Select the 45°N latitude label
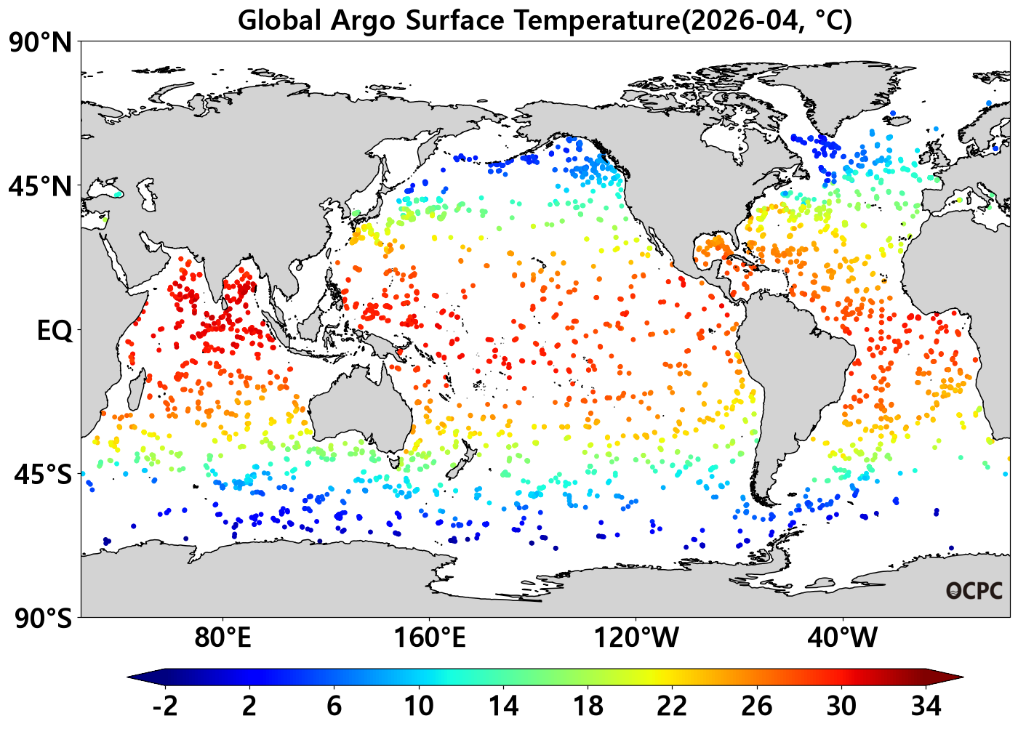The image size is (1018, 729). (41, 187)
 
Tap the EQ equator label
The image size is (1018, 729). (54, 331)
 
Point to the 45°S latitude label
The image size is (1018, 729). (43, 475)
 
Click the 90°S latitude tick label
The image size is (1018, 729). (43, 619)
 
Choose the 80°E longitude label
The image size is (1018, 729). (223, 637)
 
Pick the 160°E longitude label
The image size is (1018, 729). (430, 637)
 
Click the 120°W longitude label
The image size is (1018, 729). (636, 637)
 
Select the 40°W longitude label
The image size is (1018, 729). (842, 637)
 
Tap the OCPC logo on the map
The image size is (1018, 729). (974, 591)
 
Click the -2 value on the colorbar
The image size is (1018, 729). (165, 706)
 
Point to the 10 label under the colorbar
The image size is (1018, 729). (419, 706)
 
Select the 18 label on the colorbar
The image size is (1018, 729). (588, 706)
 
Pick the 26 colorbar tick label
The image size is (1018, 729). (757, 706)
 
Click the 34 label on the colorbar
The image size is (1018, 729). (926, 706)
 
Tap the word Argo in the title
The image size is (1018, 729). (363, 21)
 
